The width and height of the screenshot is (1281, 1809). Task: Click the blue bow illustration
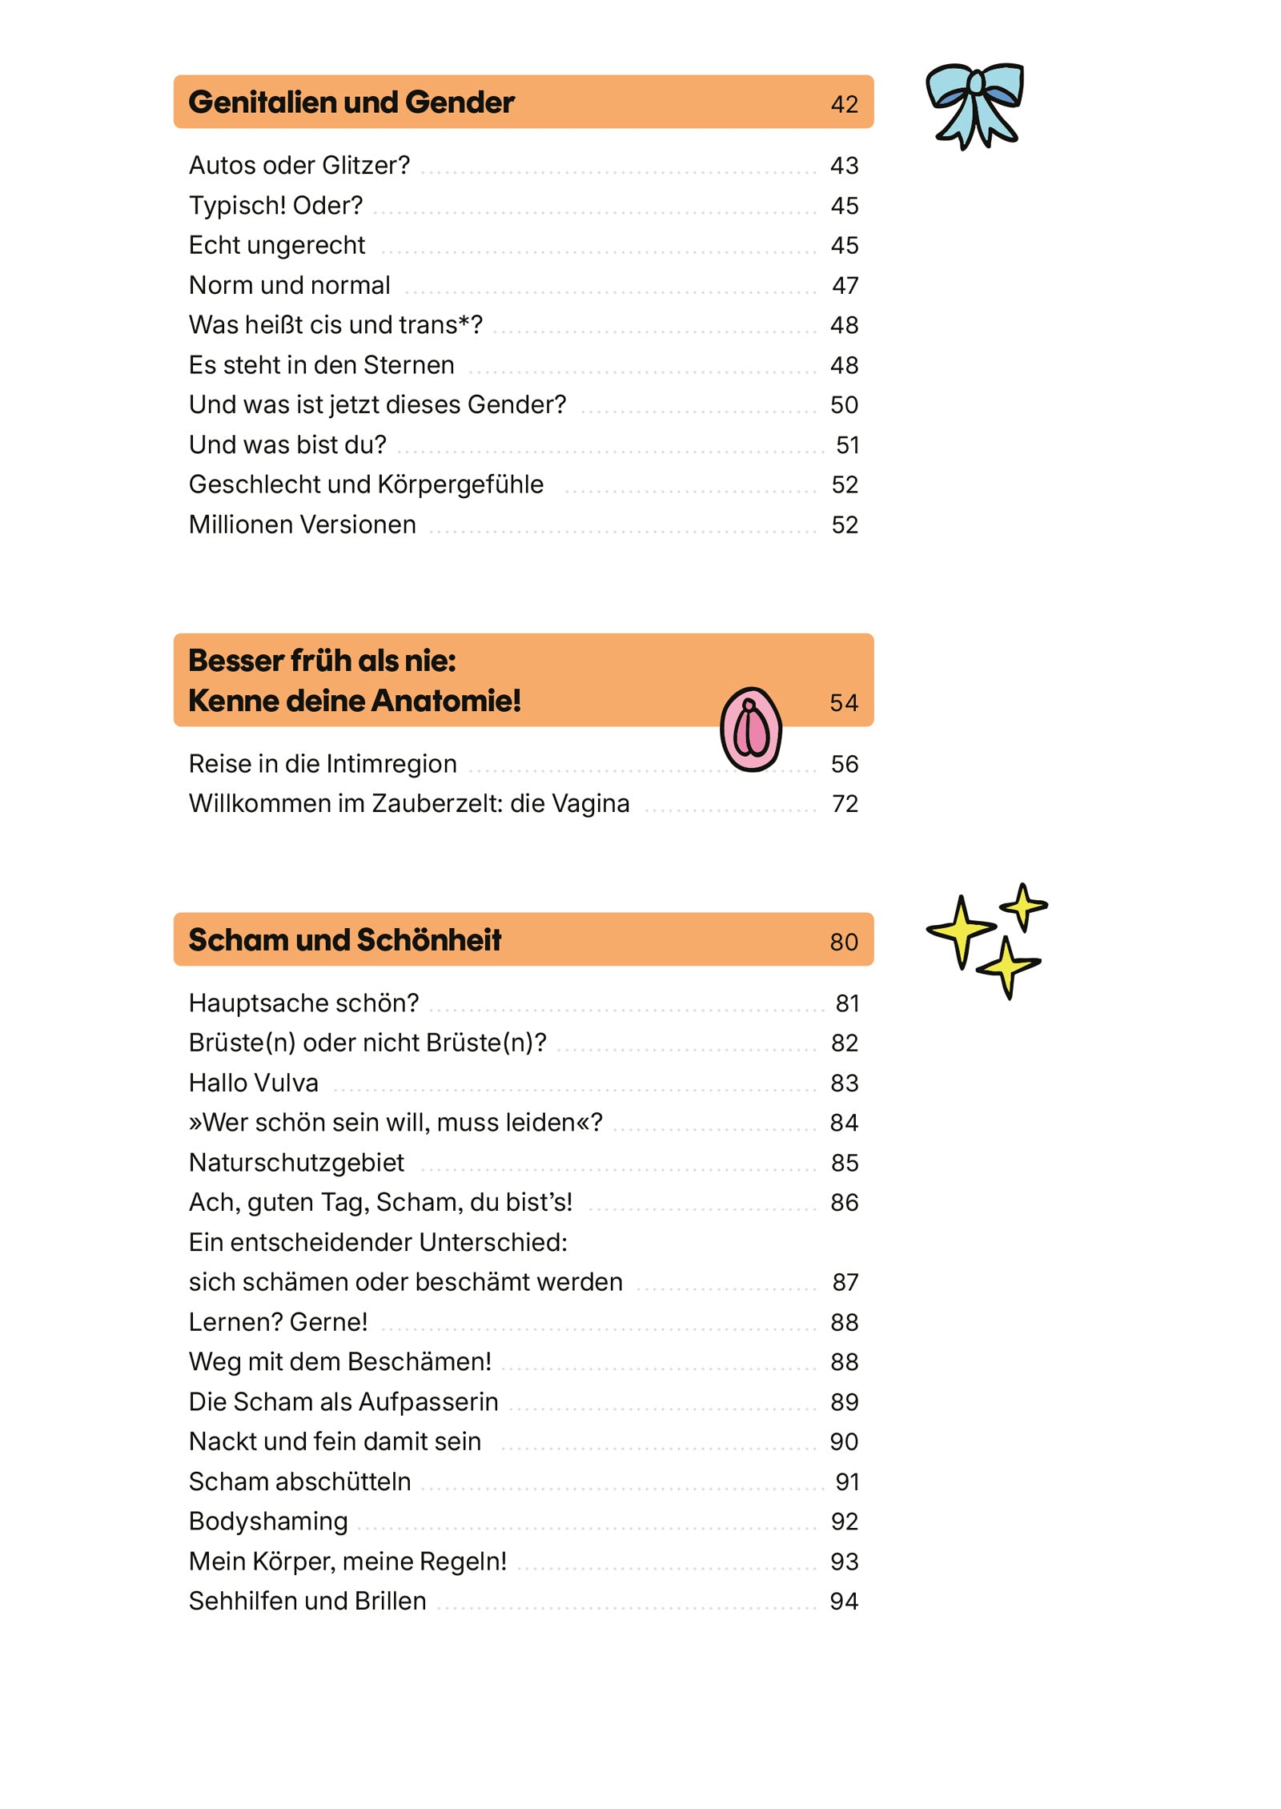tap(974, 104)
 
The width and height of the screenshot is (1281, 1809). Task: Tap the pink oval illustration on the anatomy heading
tap(750, 729)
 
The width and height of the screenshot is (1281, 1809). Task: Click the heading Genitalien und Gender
tap(351, 103)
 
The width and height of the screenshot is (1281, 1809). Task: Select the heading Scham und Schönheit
tap(344, 939)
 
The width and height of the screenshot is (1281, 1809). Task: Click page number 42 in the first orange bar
tap(844, 105)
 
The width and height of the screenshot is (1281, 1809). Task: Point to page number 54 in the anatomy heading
tap(844, 703)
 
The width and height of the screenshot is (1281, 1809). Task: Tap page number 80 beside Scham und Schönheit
tap(844, 942)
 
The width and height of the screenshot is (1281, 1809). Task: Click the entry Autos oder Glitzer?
tap(299, 165)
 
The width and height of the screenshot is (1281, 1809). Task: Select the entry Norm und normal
tap(289, 285)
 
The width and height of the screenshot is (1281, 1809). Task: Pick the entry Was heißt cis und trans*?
tap(335, 325)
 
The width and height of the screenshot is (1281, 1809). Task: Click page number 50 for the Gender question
tap(844, 405)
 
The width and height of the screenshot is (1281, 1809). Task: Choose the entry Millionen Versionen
tap(302, 525)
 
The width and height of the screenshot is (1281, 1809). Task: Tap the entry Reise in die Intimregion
tap(323, 764)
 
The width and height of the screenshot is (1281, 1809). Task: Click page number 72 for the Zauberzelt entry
tap(845, 804)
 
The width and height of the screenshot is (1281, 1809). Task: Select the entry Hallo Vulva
tap(253, 1083)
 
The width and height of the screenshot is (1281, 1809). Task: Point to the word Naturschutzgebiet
tap(296, 1163)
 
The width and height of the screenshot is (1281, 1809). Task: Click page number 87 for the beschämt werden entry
tap(845, 1283)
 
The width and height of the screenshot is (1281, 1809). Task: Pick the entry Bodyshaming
tap(268, 1522)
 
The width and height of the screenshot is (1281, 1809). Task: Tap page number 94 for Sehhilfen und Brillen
tap(844, 1602)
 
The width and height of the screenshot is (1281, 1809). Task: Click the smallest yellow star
tap(1023, 906)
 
